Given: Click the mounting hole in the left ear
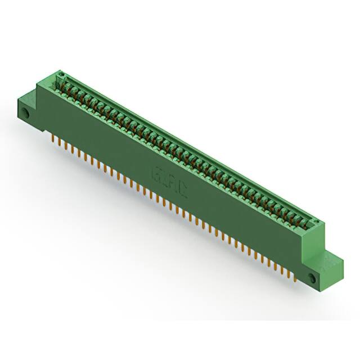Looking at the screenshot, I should click(x=26, y=114).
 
